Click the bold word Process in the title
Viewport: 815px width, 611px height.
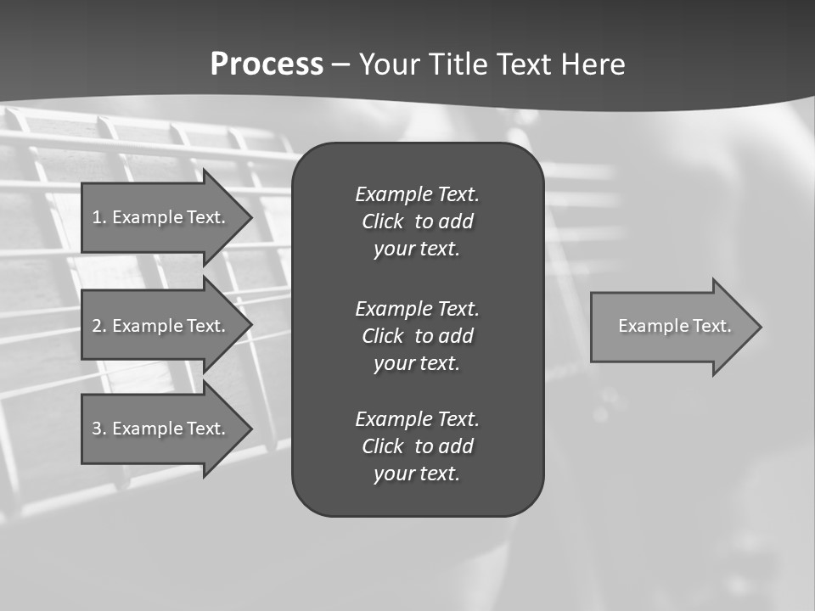point(267,64)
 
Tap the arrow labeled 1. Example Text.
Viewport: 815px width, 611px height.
point(161,217)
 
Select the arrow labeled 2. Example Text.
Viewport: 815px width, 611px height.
point(161,326)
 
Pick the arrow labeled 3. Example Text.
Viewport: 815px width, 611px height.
point(161,429)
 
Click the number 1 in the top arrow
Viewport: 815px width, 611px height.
point(96,217)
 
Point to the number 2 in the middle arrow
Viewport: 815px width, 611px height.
point(96,326)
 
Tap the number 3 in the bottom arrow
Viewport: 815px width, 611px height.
point(96,429)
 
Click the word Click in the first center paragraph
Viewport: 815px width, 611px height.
point(383,221)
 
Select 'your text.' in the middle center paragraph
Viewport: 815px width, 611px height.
point(417,363)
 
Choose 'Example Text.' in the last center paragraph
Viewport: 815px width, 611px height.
point(417,419)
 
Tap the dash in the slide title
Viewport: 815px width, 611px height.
point(341,64)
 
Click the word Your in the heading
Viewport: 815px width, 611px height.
point(390,64)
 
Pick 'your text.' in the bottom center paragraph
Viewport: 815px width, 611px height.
point(417,474)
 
